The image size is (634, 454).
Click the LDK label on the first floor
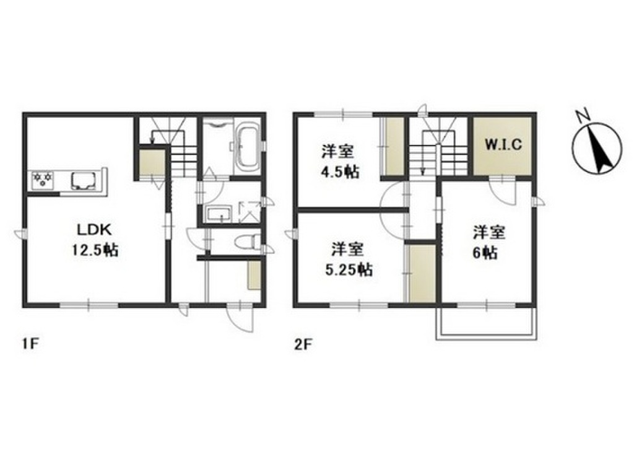tap(94, 230)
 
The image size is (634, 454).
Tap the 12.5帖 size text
tap(95, 250)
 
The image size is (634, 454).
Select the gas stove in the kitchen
tap(43, 180)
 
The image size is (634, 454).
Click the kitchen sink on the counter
tap(84, 181)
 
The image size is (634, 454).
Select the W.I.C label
tap(503, 144)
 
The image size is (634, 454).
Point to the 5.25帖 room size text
tap(349, 269)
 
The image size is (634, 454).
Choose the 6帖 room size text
tap(485, 253)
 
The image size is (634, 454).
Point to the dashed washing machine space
tap(249, 212)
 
